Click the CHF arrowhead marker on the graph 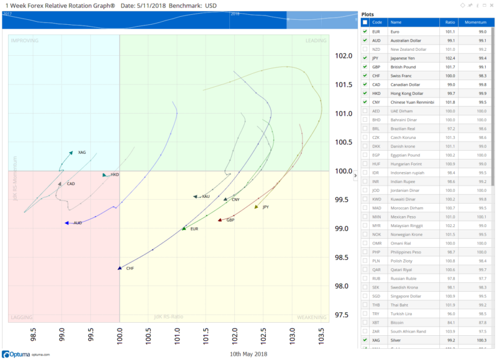pos(119,268)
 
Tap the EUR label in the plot pos(194,229)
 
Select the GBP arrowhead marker pos(219,220)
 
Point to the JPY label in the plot pos(266,207)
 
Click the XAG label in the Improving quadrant pos(82,152)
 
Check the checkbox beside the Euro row pos(365,31)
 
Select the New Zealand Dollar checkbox pos(365,49)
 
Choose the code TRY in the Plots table pos(376,313)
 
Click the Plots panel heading pos(367,14)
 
